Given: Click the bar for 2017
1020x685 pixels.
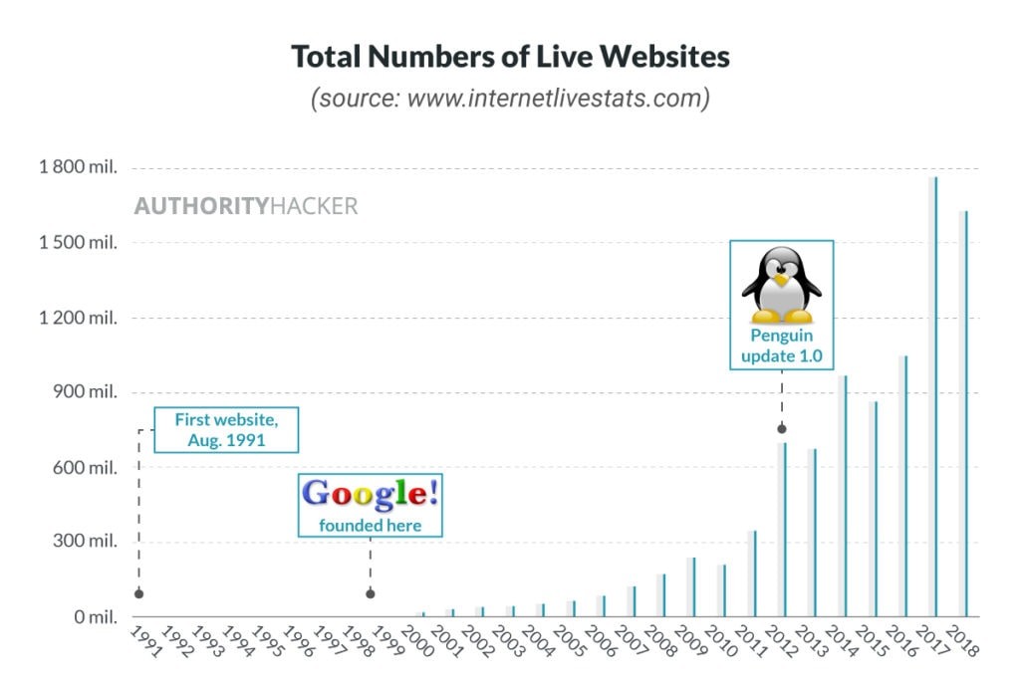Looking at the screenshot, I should coord(934,398).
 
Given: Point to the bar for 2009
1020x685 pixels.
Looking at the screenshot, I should coord(692,587).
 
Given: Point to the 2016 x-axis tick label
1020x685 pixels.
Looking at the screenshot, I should coord(900,641).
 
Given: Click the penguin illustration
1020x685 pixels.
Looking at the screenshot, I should coord(782,283).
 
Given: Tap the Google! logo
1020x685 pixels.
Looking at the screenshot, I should coord(370,494).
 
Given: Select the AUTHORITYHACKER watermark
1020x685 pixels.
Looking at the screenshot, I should coord(246,207).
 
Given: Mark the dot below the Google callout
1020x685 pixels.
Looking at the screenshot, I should coord(371,594).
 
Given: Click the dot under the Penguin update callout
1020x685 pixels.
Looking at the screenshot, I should coord(782,429).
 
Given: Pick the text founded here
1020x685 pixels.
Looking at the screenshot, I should coord(370,525).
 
